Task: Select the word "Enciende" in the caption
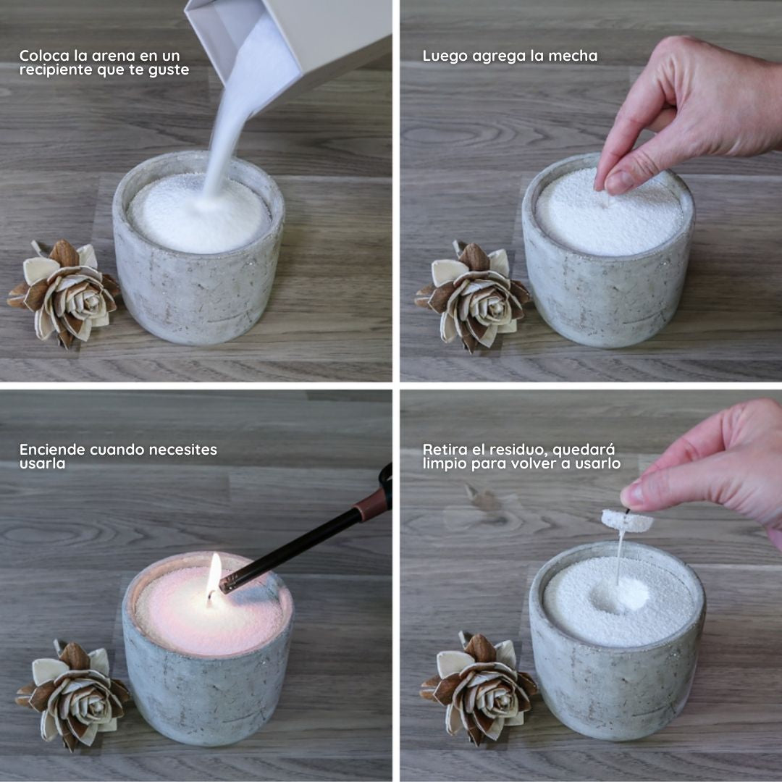[52, 450]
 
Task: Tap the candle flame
[214, 574]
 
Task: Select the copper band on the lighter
[372, 505]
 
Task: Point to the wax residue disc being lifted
[626, 520]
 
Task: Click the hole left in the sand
[621, 595]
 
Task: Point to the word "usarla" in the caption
[42, 464]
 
